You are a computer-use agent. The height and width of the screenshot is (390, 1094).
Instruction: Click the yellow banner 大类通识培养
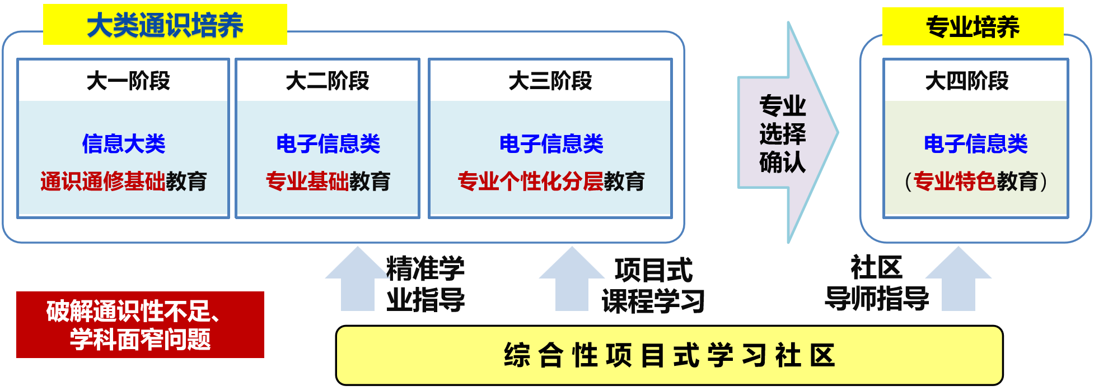pyautogui.click(x=165, y=25)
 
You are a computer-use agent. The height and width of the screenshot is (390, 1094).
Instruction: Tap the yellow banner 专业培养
pyautogui.click(x=973, y=27)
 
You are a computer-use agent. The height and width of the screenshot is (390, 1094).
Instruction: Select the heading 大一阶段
pyautogui.click(x=128, y=81)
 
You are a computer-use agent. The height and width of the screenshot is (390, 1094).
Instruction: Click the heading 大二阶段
pyautogui.click(x=328, y=81)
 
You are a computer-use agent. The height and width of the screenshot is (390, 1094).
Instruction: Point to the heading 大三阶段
pyautogui.click(x=550, y=81)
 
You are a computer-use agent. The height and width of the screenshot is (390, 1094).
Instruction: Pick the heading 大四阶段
pyautogui.click(x=967, y=81)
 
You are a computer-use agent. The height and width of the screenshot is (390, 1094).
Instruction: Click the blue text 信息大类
pyautogui.click(x=124, y=144)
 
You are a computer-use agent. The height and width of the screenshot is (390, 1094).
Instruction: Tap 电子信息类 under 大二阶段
pyautogui.click(x=328, y=144)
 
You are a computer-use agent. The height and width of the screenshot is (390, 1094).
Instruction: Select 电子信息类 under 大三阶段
pyautogui.click(x=551, y=144)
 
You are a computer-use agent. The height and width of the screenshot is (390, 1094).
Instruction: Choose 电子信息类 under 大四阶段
pyautogui.click(x=975, y=144)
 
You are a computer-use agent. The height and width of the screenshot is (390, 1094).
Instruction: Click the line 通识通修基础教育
pyautogui.click(x=124, y=182)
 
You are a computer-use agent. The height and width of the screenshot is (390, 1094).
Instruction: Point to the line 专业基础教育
pyautogui.click(x=328, y=182)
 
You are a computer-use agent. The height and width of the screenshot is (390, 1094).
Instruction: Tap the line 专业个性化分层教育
pyautogui.click(x=551, y=182)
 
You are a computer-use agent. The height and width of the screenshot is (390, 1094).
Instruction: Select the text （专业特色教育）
pyautogui.click(x=975, y=182)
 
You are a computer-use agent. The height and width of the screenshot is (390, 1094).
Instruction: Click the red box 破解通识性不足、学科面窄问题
pyautogui.click(x=140, y=324)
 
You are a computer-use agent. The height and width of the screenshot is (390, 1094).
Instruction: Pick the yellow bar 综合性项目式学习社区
pyautogui.click(x=669, y=355)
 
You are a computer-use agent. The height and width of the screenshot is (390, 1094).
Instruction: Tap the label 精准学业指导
pyautogui.click(x=426, y=284)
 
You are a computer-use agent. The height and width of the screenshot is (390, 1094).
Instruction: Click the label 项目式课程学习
pyautogui.click(x=653, y=286)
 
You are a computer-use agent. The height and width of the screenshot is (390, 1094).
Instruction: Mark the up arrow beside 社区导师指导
pyautogui.click(x=958, y=280)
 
